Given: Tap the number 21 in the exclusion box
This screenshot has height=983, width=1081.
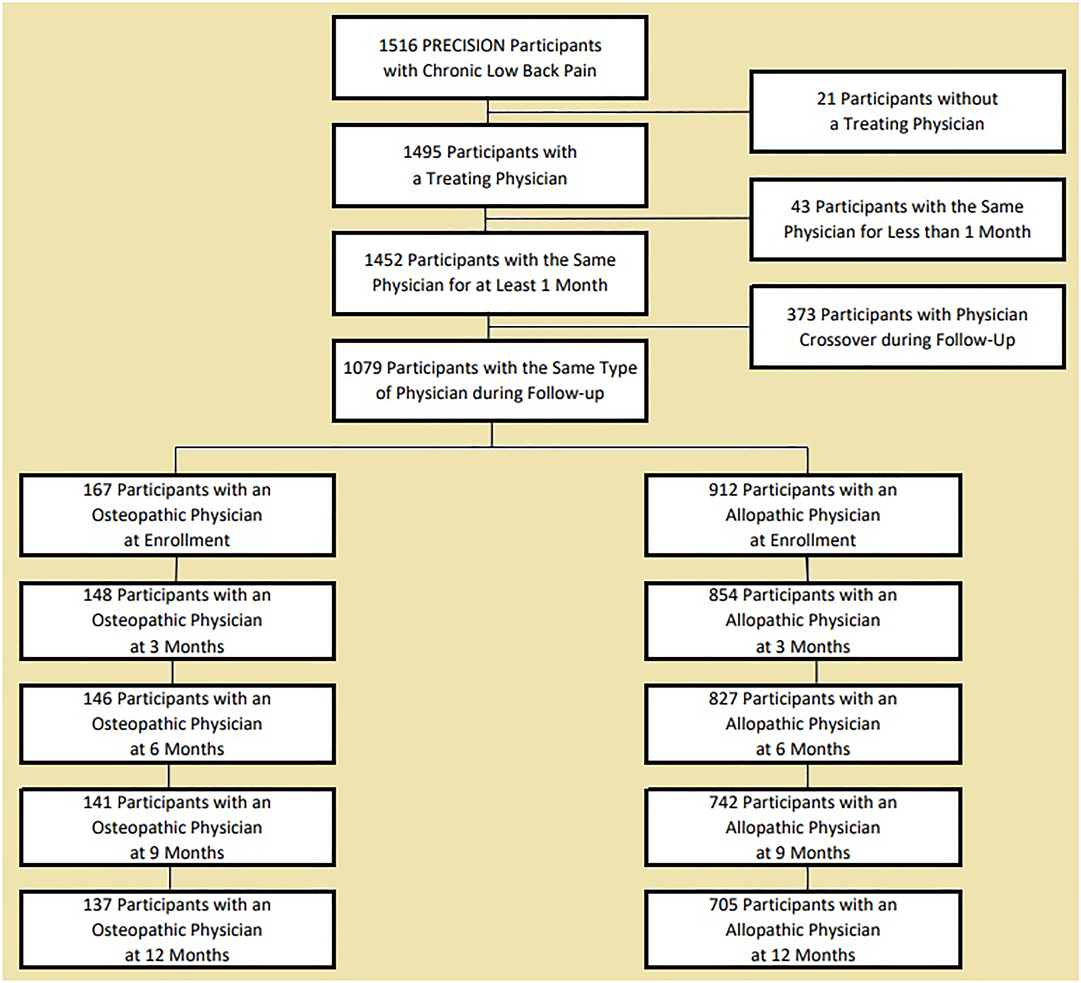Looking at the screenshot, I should coord(826,99).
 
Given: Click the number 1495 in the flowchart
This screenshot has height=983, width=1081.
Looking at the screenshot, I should coord(422,152).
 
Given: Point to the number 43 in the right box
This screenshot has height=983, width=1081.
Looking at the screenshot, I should coord(800,207).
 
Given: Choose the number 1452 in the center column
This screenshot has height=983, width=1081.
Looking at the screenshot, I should coord(383,260).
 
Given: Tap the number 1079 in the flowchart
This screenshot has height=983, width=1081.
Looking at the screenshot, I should coord(362,368).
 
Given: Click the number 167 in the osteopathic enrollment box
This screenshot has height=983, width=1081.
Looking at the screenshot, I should coord(97,490).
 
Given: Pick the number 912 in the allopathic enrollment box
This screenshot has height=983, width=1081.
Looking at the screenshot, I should coord(722,490).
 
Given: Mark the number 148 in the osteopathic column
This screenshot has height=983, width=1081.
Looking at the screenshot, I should coord(97,595).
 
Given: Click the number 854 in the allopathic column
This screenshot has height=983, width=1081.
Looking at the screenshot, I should coord(722,595).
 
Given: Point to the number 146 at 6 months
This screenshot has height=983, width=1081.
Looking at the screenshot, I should coord(97,699).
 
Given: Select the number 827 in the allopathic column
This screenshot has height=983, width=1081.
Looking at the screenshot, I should coord(722,699).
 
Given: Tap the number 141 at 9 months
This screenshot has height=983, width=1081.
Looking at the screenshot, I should coord(97,803).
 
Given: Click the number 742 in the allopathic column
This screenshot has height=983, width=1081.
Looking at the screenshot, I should coord(722,803).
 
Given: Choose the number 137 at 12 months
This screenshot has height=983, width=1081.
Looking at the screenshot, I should coord(97,905).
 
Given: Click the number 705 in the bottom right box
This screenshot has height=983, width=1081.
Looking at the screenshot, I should coord(722,905).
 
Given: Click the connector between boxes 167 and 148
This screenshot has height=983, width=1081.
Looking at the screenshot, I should coord(176,569).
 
